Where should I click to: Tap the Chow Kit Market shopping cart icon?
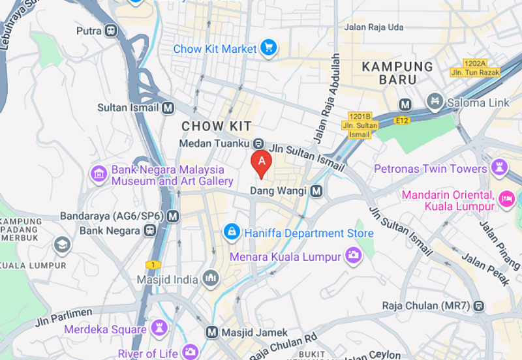point(268,48)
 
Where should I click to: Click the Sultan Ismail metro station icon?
point(168,108)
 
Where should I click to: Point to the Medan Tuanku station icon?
point(258,143)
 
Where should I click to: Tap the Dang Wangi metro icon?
point(316,191)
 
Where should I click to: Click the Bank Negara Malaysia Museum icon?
point(99,174)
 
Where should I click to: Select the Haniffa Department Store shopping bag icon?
point(231,232)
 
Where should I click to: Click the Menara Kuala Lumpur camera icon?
point(353,256)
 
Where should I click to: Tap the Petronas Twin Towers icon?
point(500,168)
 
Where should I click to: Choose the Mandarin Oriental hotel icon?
point(506,198)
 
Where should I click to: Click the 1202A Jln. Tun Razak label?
point(475,68)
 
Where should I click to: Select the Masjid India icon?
point(210,278)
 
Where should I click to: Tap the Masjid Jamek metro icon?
point(211,332)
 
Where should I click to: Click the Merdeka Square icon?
point(159,327)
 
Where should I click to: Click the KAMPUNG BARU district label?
point(397,73)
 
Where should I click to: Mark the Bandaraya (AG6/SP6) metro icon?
point(173,216)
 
